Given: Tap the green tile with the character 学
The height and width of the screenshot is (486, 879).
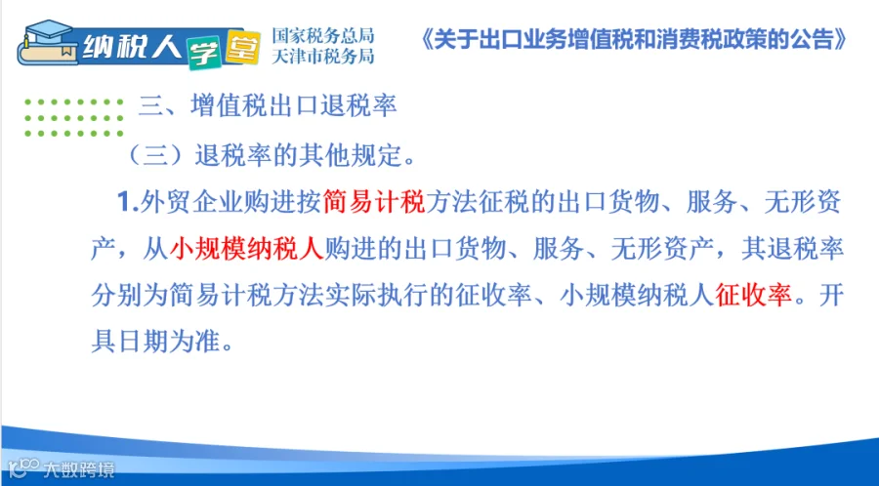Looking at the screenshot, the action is [x=205, y=52].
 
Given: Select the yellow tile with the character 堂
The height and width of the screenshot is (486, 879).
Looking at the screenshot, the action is [x=242, y=48].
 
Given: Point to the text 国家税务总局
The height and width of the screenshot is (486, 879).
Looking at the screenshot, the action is [x=323, y=36].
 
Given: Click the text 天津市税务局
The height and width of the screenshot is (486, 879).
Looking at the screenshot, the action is [x=323, y=56].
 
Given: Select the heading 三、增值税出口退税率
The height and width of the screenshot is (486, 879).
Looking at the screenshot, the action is [x=268, y=105].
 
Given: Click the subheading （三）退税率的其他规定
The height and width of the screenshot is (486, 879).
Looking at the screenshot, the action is [x=272, y=155].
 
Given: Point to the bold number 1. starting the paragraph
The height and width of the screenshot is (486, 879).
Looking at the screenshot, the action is [x=128, y=202].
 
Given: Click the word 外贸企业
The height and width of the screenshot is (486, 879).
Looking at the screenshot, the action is [x=191, y=202].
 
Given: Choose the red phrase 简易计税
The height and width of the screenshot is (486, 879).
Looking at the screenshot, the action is [x=374, y=202].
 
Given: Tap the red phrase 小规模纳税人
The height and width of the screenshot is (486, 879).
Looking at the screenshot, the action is [x=247, y=249].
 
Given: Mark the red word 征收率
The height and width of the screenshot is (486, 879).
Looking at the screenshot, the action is [x=753, y=295].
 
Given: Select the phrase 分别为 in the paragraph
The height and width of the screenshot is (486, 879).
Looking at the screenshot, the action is [x=130, y=295].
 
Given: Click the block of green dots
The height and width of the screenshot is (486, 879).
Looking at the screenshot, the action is [x=74, y=117].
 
